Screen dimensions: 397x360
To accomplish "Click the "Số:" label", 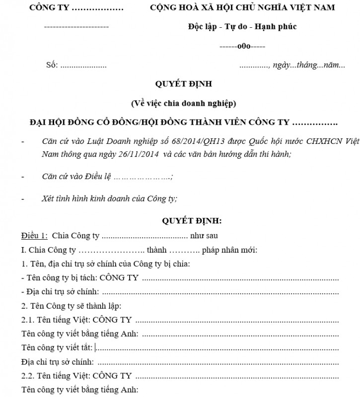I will pyautogui.click(x=52, y=65).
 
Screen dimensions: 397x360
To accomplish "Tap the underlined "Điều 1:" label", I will pyautogui.click(x=34, y=235).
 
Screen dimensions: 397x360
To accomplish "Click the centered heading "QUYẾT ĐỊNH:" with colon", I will pyautogui.click(x=193, y=220).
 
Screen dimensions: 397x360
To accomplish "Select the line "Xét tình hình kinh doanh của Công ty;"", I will pyautogui.click(x=110, y=198).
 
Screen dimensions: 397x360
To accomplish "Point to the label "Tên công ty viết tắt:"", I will pyautogui.click(x=57, y=346).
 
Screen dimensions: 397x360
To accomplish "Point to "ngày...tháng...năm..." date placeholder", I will pyautogui.click(x=308, y=65).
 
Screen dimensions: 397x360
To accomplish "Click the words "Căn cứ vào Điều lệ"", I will pyautogui.click(x=77, y=176).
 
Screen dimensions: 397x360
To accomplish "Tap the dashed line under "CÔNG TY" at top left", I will pyautogui.click(x=76, y=26).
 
